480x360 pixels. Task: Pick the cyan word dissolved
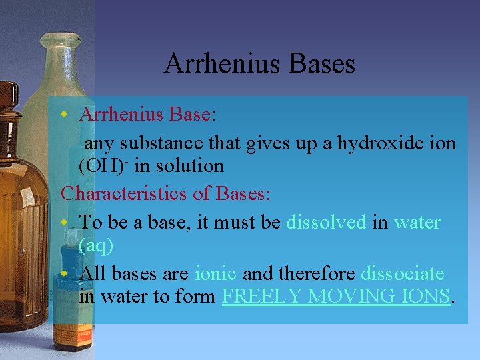(x=326, y=221)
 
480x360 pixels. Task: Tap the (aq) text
(x=96, y=245)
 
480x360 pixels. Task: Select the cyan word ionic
(x=217, y=273)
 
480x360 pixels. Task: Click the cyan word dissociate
(x=402, y=273)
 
